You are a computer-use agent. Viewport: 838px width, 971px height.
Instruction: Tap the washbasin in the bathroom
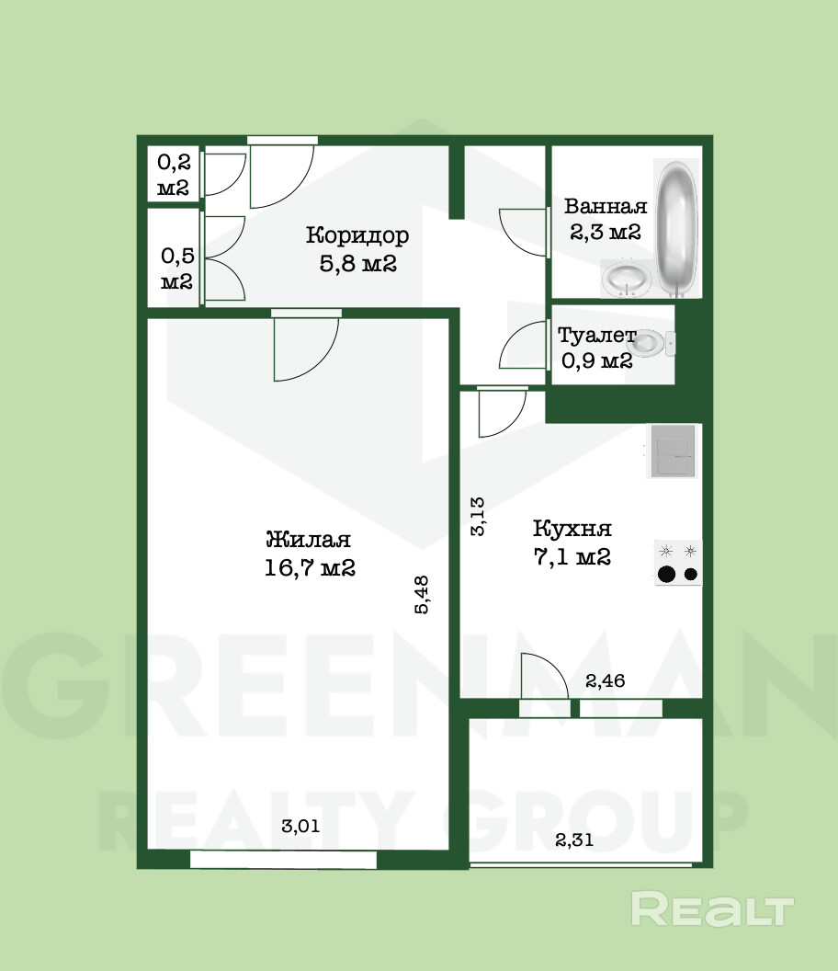click(x=626, y=279)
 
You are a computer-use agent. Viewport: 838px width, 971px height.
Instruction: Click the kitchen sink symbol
click(x=672, y=451)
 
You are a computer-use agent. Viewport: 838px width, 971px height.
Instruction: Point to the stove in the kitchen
click(x=678, y=563)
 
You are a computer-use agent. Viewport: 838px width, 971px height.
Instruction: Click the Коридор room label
click(x=357, y=235)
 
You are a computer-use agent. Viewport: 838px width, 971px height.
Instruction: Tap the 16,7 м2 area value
click(x=310, y=567)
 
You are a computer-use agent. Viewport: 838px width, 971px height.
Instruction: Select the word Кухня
click(x=572, y=528)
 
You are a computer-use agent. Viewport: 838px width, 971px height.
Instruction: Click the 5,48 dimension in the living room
click(x=421, y=595)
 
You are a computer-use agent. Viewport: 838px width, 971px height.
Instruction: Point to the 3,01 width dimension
click(x=300, y=826)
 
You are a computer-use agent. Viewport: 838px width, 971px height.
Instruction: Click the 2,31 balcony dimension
click(x=573, y=840)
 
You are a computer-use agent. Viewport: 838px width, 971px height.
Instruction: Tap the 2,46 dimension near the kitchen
click(x=606, y=680)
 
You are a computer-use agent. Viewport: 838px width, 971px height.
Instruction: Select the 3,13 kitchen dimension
click(x=478, y=516)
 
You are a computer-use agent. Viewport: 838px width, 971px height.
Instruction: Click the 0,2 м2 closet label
click(x=174, y=175)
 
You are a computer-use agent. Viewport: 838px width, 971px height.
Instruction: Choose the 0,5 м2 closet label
click(x=177, y=268)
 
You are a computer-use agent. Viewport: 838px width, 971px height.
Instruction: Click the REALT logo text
click(x=712, y=908)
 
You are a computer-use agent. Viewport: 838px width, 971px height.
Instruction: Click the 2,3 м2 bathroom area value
click(x=606, y=233)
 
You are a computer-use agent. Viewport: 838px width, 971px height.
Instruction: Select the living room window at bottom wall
click(x=283, y=860)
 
